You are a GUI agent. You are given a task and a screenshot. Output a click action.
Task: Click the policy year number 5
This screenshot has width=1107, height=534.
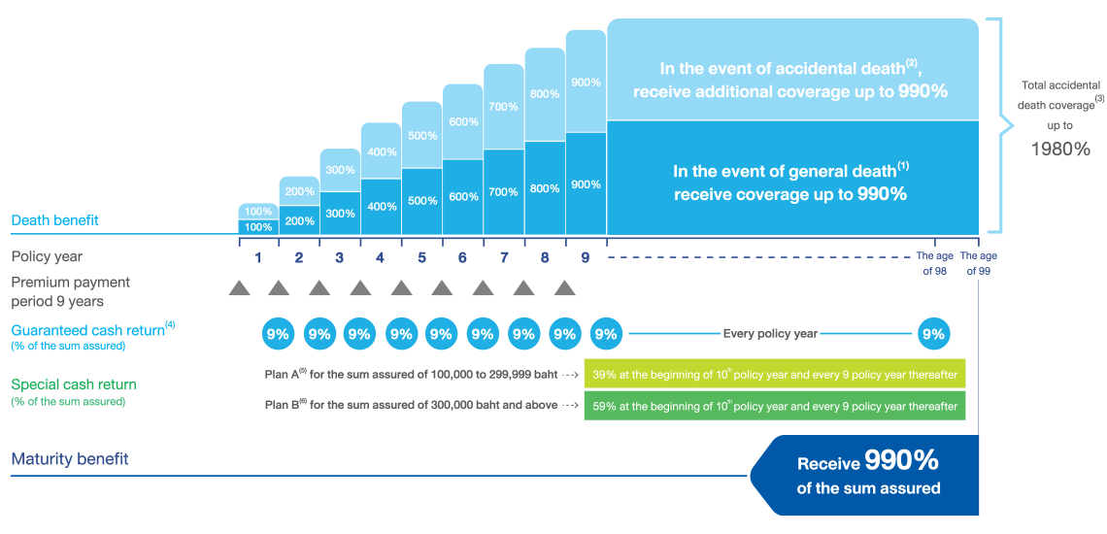tap(421, 258)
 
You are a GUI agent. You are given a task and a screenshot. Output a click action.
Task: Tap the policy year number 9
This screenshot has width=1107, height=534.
tap(585, 258)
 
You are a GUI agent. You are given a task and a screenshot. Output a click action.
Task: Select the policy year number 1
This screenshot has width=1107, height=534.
tap(258, 258)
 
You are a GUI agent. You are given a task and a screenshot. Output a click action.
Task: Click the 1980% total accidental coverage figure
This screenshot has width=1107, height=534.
tap(1059, 150)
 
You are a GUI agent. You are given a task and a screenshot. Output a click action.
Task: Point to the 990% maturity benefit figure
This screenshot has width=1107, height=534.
tap(901, 460)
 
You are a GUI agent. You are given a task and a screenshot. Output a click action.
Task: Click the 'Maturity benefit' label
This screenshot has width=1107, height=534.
tap(70, 459)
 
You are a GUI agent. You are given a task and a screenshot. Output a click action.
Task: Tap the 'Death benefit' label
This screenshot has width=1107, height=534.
tap(55, 220)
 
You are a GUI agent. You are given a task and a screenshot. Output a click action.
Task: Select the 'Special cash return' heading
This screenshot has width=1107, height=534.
tap(74, 384)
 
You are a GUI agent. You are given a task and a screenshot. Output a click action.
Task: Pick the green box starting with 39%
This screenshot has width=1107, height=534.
tap(774, 374)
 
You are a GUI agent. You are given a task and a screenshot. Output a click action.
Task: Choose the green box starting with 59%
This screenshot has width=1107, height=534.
tap(774, 406)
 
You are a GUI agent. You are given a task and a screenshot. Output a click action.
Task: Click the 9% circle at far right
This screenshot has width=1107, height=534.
tap(933, 334)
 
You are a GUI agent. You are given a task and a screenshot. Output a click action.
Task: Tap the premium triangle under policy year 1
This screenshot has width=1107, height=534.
tap(239, 288)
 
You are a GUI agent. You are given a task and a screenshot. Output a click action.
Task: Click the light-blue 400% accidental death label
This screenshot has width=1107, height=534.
tap(381, 152)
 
